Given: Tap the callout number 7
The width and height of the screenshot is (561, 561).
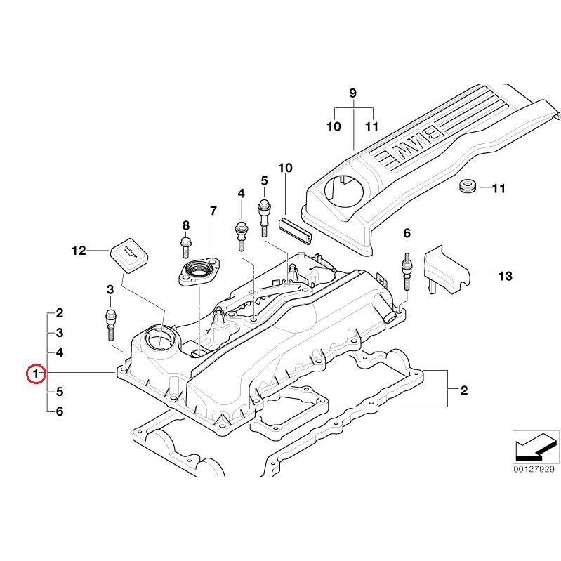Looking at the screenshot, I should [x=213, y=211].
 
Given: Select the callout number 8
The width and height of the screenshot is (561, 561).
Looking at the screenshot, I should [x=186, y=225].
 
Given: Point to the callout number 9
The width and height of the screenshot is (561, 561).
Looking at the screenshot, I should [x=353, y=93].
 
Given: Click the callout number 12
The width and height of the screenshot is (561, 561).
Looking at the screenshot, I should [x=78, y=250].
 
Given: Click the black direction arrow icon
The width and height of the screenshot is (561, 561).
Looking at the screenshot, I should [x=534, y=445].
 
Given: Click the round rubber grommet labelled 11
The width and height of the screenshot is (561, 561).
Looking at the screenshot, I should [x=467, y=187].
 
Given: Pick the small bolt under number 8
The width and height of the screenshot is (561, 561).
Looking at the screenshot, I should [x=186, y=246].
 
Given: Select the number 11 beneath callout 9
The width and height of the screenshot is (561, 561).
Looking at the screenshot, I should [x=371, y=126].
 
